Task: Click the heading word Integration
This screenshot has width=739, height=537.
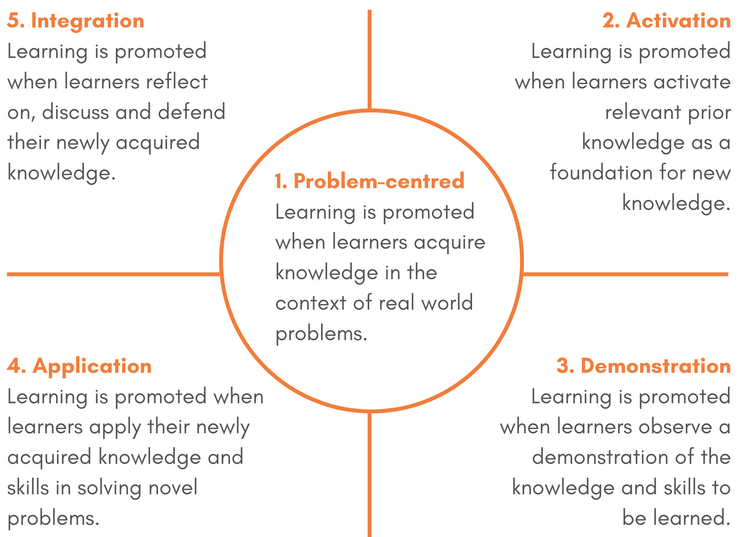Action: click(x=88, y=21)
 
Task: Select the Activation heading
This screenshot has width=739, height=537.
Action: click(x=678, y=21)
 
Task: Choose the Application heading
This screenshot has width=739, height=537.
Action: click(x=92, y=366)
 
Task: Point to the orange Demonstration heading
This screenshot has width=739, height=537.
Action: click(x=655, y=366)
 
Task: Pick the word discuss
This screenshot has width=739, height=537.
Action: click(x=75, y=112)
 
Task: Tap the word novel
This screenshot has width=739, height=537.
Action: click(x=173, y=487)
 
